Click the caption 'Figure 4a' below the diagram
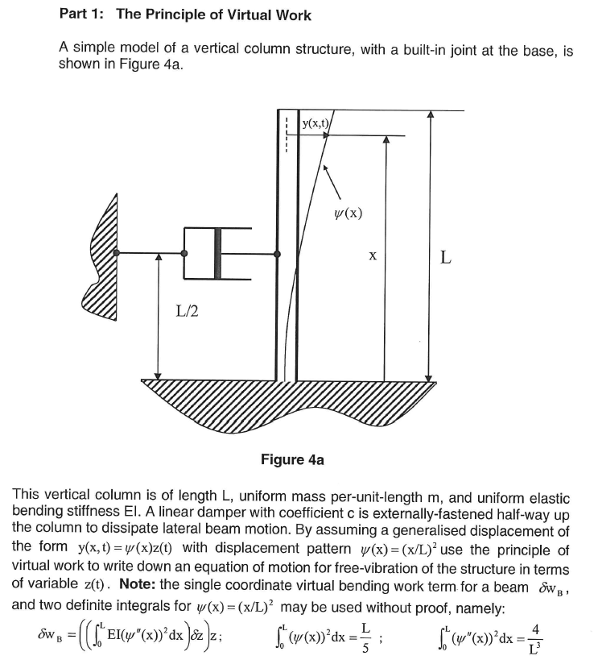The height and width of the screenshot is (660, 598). pyautogui.click(x=292, y=460)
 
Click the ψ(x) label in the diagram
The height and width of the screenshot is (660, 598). pyautogui.click(x=347, y=214)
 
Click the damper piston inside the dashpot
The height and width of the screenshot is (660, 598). pyautogui.click(x=217, y=253)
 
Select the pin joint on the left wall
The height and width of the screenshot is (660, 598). pyautogui.click(x=118, y=253)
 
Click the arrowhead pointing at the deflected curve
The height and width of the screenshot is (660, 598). pyautogui.click(x=324, y=169)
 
